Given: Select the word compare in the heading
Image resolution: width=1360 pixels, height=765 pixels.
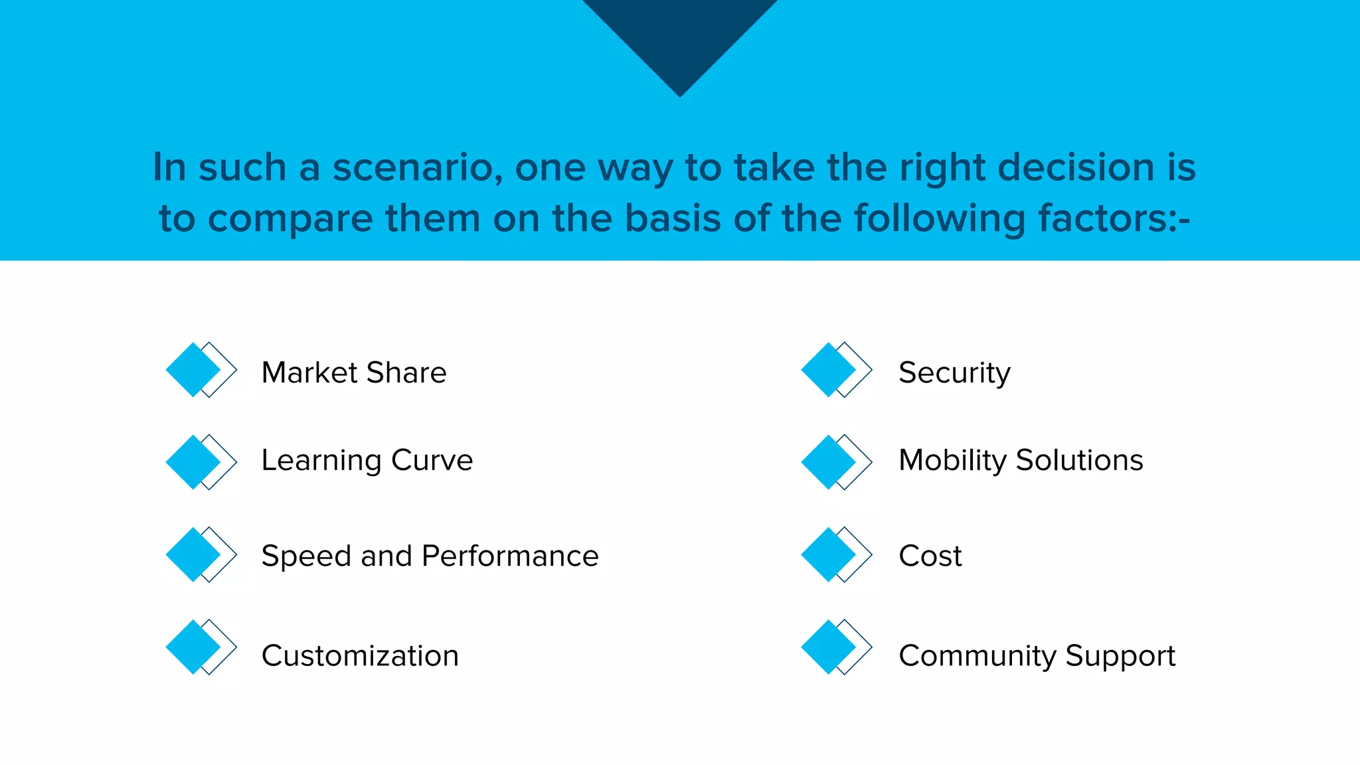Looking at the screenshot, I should pos(292,219).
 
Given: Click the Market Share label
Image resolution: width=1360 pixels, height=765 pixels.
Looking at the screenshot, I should pos(354,373).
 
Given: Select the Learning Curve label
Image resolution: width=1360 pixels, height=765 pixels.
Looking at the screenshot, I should pos(367,460).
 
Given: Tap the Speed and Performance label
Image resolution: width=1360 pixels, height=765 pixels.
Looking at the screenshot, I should pos(430,556).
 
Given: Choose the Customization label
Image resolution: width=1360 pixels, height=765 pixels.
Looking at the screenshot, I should pos(360,656).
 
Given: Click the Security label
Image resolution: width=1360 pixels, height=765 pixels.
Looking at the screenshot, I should pos(954,373).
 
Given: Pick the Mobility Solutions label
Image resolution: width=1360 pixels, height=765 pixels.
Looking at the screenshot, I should pos(1021,460).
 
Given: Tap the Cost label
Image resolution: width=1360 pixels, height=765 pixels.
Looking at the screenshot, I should pos(930,556).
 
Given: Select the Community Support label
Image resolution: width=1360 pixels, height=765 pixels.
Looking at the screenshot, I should pos(1037,656).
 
